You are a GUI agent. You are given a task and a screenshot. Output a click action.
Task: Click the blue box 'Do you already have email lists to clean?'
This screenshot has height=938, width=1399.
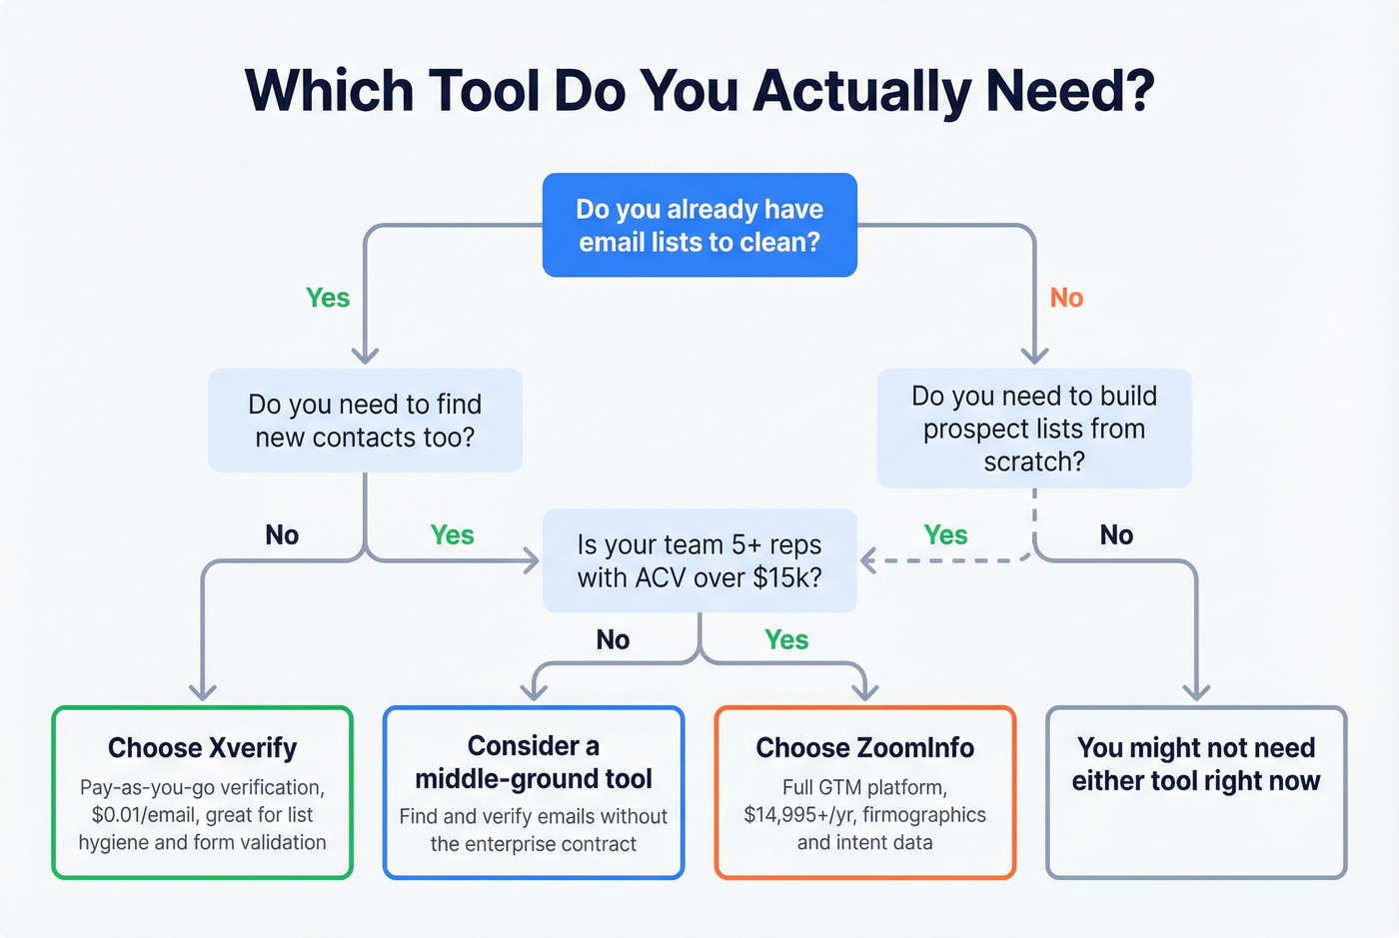click(699, 225)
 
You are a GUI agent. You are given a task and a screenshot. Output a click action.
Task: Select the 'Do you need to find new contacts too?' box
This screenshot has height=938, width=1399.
click(365, 421)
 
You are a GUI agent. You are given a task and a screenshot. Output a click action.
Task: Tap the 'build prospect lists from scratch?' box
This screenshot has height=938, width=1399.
click(1034, 429)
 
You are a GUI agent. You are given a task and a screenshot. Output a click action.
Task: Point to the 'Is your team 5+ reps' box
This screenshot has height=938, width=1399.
click(699, 560)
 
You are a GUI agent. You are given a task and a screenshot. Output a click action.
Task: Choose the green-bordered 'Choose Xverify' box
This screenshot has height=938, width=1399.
click(203, 793)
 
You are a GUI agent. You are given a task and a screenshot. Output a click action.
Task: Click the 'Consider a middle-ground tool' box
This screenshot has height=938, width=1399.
click(534, 793)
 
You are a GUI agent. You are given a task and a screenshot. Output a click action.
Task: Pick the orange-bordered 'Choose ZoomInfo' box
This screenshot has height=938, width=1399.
click(865, 793)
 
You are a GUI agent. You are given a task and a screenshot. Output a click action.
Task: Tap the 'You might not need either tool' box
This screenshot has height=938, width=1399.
click(1196, 793)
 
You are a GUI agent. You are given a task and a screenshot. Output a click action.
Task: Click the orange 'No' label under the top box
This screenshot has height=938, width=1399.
click(1066, 298)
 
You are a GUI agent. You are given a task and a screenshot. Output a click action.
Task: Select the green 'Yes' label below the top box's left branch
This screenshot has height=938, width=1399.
click(328, 298)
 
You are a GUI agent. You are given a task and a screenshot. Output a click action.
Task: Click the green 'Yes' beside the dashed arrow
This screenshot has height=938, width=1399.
click(945, 535)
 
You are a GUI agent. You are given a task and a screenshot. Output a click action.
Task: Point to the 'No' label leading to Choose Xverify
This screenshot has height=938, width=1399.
click(282, 535)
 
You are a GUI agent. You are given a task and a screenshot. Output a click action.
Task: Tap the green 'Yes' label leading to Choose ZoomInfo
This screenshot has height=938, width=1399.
click(786, 639)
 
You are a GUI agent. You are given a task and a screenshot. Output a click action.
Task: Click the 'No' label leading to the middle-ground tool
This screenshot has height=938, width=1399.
click(613, 639)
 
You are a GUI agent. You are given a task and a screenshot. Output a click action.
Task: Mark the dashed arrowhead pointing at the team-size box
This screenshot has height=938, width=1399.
click(867, 561)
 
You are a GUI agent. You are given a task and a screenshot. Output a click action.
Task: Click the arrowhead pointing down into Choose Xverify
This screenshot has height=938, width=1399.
click(203, 692)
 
